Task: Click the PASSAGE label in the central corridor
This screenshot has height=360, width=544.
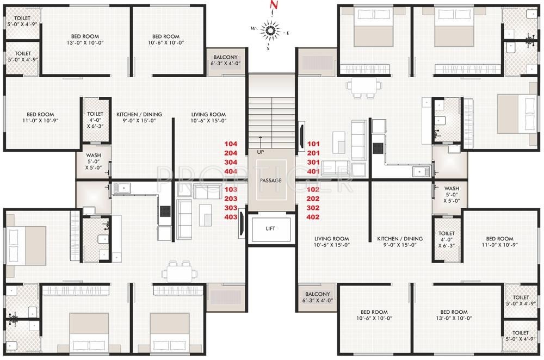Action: tap(270, 180)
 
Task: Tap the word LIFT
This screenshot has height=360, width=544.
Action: tap(270, 228)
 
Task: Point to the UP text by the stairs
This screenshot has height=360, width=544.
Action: tap(261, 152)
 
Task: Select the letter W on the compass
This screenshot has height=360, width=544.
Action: tap(253, 28)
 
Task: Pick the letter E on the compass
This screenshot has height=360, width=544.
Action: tap(287, 33)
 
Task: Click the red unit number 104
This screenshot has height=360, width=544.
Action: tap(231, 144)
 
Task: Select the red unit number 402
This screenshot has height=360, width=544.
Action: tap(313, 217)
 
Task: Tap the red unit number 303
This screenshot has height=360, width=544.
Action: tap(231, 208)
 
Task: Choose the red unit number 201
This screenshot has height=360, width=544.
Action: tap(313, 153)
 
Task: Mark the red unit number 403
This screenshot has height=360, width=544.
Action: tap(231, 217)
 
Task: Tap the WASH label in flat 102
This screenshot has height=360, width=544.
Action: tap(452, 194)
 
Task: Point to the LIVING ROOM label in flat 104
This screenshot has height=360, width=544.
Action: tap(208, 117)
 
